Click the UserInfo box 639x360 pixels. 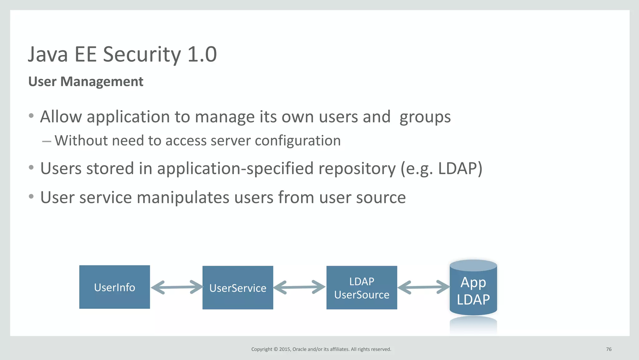[115, 287]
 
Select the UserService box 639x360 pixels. [238, 288]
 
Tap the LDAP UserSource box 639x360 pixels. [362, 288]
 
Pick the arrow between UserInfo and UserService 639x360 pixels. [176, 287]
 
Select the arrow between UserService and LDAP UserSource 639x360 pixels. [300, 287]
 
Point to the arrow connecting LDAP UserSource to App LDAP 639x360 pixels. [423, 287]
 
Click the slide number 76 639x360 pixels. [608, 349]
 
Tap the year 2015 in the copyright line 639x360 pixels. [285, 349]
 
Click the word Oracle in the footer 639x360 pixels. [299, 349]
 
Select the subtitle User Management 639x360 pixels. [86, 81]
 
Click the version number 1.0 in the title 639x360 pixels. [202, 54]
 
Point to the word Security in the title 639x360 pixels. [142, 54]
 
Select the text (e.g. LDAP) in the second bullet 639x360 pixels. [441, 169]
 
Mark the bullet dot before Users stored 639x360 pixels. [31, 168]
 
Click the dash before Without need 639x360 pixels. [46, 141]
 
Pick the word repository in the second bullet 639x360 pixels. [357, 169]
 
